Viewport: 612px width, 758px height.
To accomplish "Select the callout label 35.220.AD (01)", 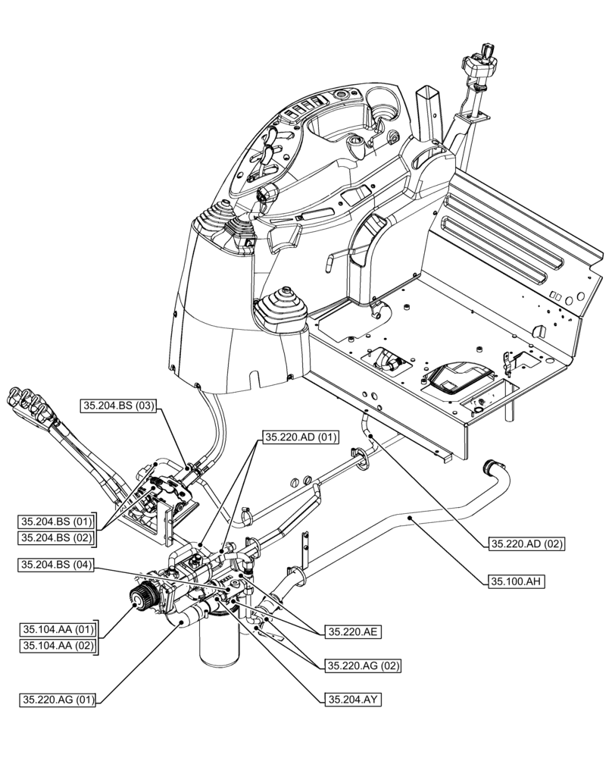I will pyautogui.click(x=301, y=437).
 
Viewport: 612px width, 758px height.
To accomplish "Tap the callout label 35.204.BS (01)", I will pyautogui.click(x=57, y=522).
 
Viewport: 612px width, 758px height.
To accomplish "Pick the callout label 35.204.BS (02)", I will pyautogui.click(x=57, y=538).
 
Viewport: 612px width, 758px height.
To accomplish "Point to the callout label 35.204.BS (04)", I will pyautogui.click(x=57, y=565).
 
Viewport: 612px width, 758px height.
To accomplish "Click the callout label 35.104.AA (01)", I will pyautogui.click(x=57, y=629).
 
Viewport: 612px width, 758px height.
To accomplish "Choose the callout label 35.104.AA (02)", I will pyautogui.click(x=57, y=646).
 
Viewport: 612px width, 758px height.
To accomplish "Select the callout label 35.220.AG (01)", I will pyautogui.click(x=57, y=700).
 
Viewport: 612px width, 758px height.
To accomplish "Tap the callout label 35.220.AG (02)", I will pyautogui.click(x=363, y=666).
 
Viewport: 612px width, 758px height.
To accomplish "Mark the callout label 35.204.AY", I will pyautogui.click(x=352, y=700).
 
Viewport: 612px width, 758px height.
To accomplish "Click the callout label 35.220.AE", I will pyautogui.click(x=353, y=631).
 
